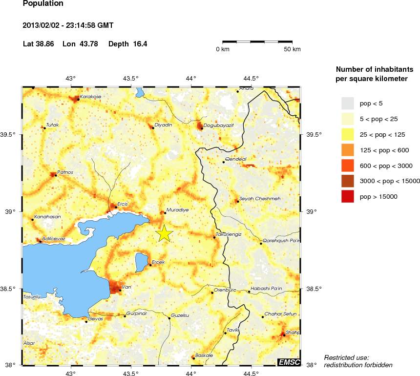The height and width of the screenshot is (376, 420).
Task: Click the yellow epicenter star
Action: [165, 233]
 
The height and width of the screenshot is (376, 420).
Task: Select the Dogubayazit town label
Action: [218, 125]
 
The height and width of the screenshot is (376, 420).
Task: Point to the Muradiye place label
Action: [177, 209]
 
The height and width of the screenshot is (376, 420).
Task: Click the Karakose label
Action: [90, 97]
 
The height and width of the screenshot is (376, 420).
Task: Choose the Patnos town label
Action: [65, 172]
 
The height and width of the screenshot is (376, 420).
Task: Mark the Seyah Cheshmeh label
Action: [259, 199]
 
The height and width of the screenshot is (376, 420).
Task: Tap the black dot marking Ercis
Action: [116, 208]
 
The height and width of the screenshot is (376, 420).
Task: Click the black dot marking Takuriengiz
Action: [214, 238]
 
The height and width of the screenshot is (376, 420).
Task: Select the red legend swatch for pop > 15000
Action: [347, 196]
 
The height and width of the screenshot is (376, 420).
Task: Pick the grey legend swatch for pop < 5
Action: [347, 103]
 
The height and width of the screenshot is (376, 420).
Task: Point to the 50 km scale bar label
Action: [292, 49]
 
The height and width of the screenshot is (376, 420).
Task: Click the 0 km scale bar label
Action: [223, 49]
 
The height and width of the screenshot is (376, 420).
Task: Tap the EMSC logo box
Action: [289, 362]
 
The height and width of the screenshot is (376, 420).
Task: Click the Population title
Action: [43, 4]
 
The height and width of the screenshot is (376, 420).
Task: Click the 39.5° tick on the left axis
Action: [11, 134]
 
